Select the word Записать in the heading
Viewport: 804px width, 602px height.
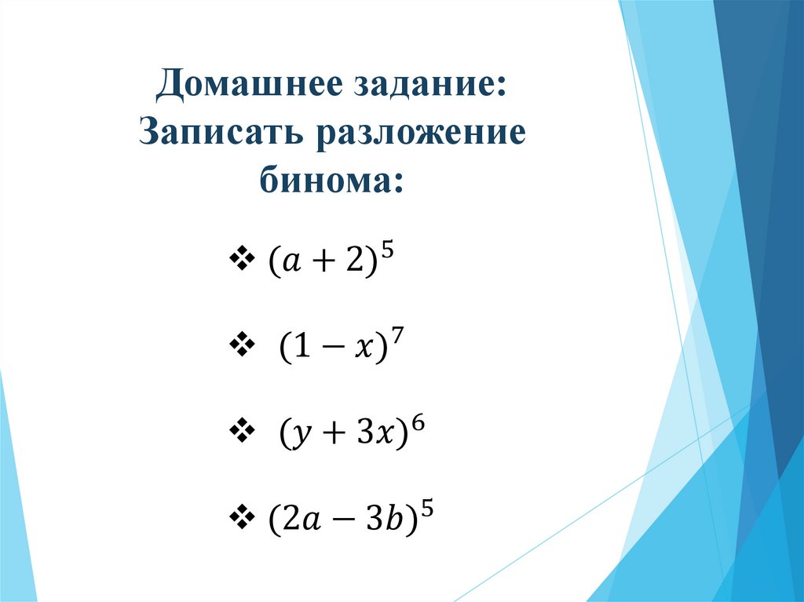coord(222,134)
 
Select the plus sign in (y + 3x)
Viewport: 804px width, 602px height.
coord(327,435)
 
